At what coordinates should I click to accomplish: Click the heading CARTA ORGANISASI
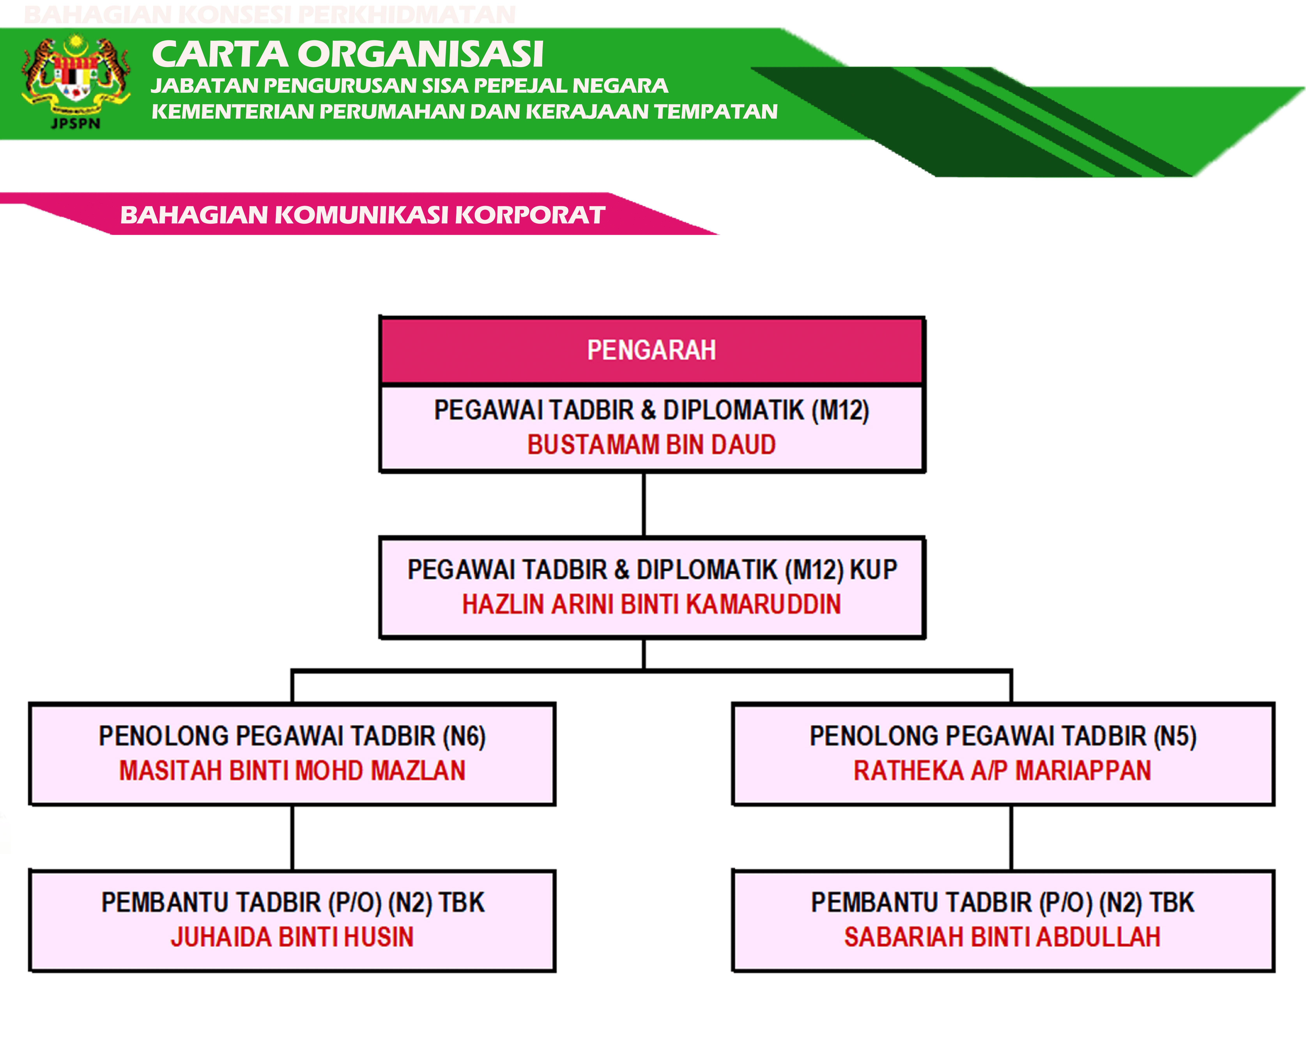coord(347,54)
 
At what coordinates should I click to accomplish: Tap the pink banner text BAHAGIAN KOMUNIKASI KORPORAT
coord(363,214)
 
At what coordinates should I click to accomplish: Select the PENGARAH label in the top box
coord(651,350)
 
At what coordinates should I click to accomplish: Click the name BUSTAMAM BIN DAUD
coord(651,444)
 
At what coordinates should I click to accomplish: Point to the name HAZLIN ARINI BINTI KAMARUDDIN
coord(651,604)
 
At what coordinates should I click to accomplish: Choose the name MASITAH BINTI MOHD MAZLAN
coord(292,770)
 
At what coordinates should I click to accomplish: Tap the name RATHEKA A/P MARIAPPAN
coord(1002,770)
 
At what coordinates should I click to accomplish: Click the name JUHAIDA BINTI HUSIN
coord(292,937)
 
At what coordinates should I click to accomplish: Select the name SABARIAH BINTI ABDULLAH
coord(1002,937)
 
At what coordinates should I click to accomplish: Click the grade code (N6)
coord(465,736)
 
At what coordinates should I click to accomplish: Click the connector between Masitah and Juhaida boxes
coord(292,838)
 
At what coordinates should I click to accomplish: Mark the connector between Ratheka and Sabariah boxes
coord(1011,838)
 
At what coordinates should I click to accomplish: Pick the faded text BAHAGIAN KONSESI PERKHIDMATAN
coord(270,15)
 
